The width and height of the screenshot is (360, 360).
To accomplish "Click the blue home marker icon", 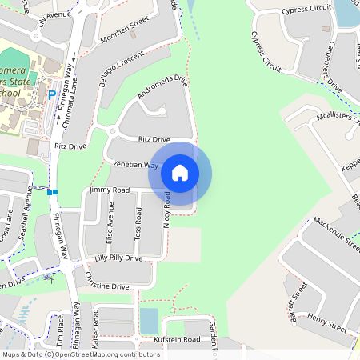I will click(x=180, y=173).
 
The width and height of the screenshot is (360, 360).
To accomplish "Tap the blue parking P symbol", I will click(x=52, y=94).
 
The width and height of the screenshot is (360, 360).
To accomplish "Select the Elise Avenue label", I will click(x=110, y=222).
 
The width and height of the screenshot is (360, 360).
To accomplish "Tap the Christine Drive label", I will click(x=106, y=286).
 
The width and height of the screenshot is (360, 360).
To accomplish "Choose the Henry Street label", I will click(x=325, y=323).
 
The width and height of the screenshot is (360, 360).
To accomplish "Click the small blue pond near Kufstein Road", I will click(x=149, y=321).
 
